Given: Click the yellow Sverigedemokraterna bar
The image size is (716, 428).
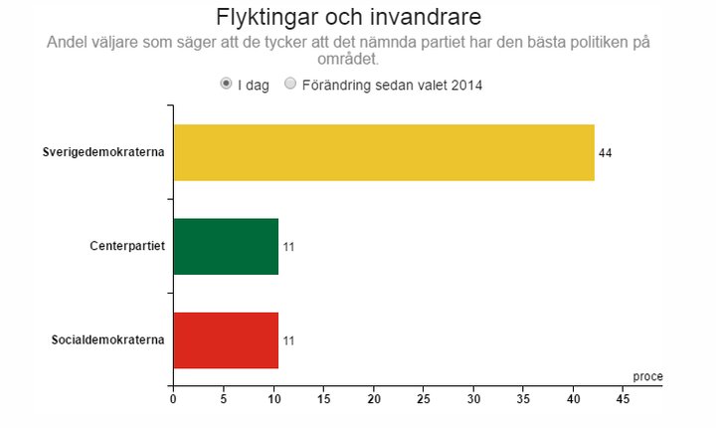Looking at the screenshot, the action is pos(384,152).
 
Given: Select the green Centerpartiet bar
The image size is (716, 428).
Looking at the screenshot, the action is pos(226,247).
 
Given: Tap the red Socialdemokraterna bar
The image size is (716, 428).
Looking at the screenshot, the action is pos(226,340).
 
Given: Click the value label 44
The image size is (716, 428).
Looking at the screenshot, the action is pos(605,153).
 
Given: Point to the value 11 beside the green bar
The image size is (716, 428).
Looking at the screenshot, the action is pos(288,248).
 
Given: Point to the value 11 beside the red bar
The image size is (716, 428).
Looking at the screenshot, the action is pos(288,341).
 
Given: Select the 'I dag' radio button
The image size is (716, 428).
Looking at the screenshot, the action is pos(226,84).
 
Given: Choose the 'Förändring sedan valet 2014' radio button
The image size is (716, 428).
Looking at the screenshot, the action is pos(290,84).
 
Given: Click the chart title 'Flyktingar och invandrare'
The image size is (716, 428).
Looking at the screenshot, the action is pos(348,17).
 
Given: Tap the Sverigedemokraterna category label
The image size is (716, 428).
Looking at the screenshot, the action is pos(103,152).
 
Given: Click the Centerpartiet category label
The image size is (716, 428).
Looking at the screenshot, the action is pos(127,246).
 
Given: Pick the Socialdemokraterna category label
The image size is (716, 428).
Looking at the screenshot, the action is pos(107,340).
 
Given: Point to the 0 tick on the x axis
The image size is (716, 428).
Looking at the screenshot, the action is pos(173,399).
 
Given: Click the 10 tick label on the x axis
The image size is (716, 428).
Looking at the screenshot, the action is pos(274,399).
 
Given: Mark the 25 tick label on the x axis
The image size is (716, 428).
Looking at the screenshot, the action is pos(424,399).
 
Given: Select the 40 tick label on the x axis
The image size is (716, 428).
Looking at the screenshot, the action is pos(574,399).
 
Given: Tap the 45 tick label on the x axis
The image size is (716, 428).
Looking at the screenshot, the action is pos(623,399).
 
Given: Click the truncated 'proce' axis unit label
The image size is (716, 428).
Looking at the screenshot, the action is pos(647,377).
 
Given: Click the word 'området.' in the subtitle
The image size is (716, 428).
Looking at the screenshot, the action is pos(348,59).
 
